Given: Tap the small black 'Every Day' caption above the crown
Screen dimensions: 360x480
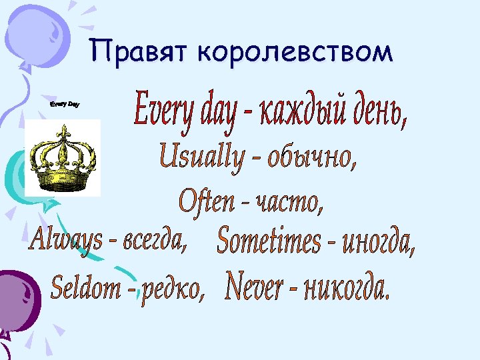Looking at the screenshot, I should (65, 105).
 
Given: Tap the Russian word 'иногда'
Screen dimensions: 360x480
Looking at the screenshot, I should (378, 244).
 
